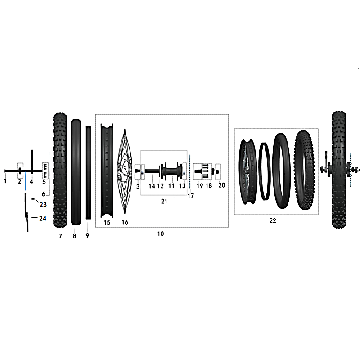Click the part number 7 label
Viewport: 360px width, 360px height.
click(x=60, y=236)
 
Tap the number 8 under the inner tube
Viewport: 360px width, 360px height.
click(x=74, y=236)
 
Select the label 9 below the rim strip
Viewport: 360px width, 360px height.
click(x=87, y=235)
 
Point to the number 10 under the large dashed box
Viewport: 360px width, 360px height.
click(x=161, y=234)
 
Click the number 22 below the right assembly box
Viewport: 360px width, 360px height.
click(x=273, y=220)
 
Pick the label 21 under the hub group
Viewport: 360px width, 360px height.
click(x=164, y=201)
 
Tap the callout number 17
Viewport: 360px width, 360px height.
click(x=190, y=196)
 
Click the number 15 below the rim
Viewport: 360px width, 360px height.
click(x=107, y=222)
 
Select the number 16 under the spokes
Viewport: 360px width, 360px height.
click(x=125, y=222)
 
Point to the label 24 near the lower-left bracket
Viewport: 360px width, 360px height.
click(x=43, y=218)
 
